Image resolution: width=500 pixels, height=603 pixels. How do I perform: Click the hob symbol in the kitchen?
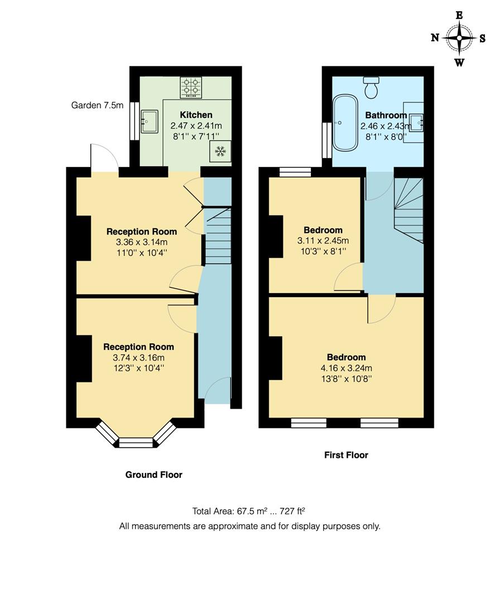191,88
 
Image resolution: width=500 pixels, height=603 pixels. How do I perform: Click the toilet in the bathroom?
371,87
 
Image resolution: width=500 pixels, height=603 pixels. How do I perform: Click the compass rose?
459,38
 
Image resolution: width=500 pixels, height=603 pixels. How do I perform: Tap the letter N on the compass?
435,38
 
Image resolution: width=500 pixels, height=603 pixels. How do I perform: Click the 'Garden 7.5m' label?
98,105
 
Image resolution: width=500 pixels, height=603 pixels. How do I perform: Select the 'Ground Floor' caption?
153,475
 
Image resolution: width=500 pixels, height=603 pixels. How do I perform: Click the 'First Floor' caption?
346,455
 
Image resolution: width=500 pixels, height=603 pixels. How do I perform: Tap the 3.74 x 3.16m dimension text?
138,358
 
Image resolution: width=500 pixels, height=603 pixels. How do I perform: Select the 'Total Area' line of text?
248,511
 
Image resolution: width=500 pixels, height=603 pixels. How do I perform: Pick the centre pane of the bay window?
136,443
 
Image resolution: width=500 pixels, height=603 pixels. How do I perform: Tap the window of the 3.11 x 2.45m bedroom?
295,172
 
